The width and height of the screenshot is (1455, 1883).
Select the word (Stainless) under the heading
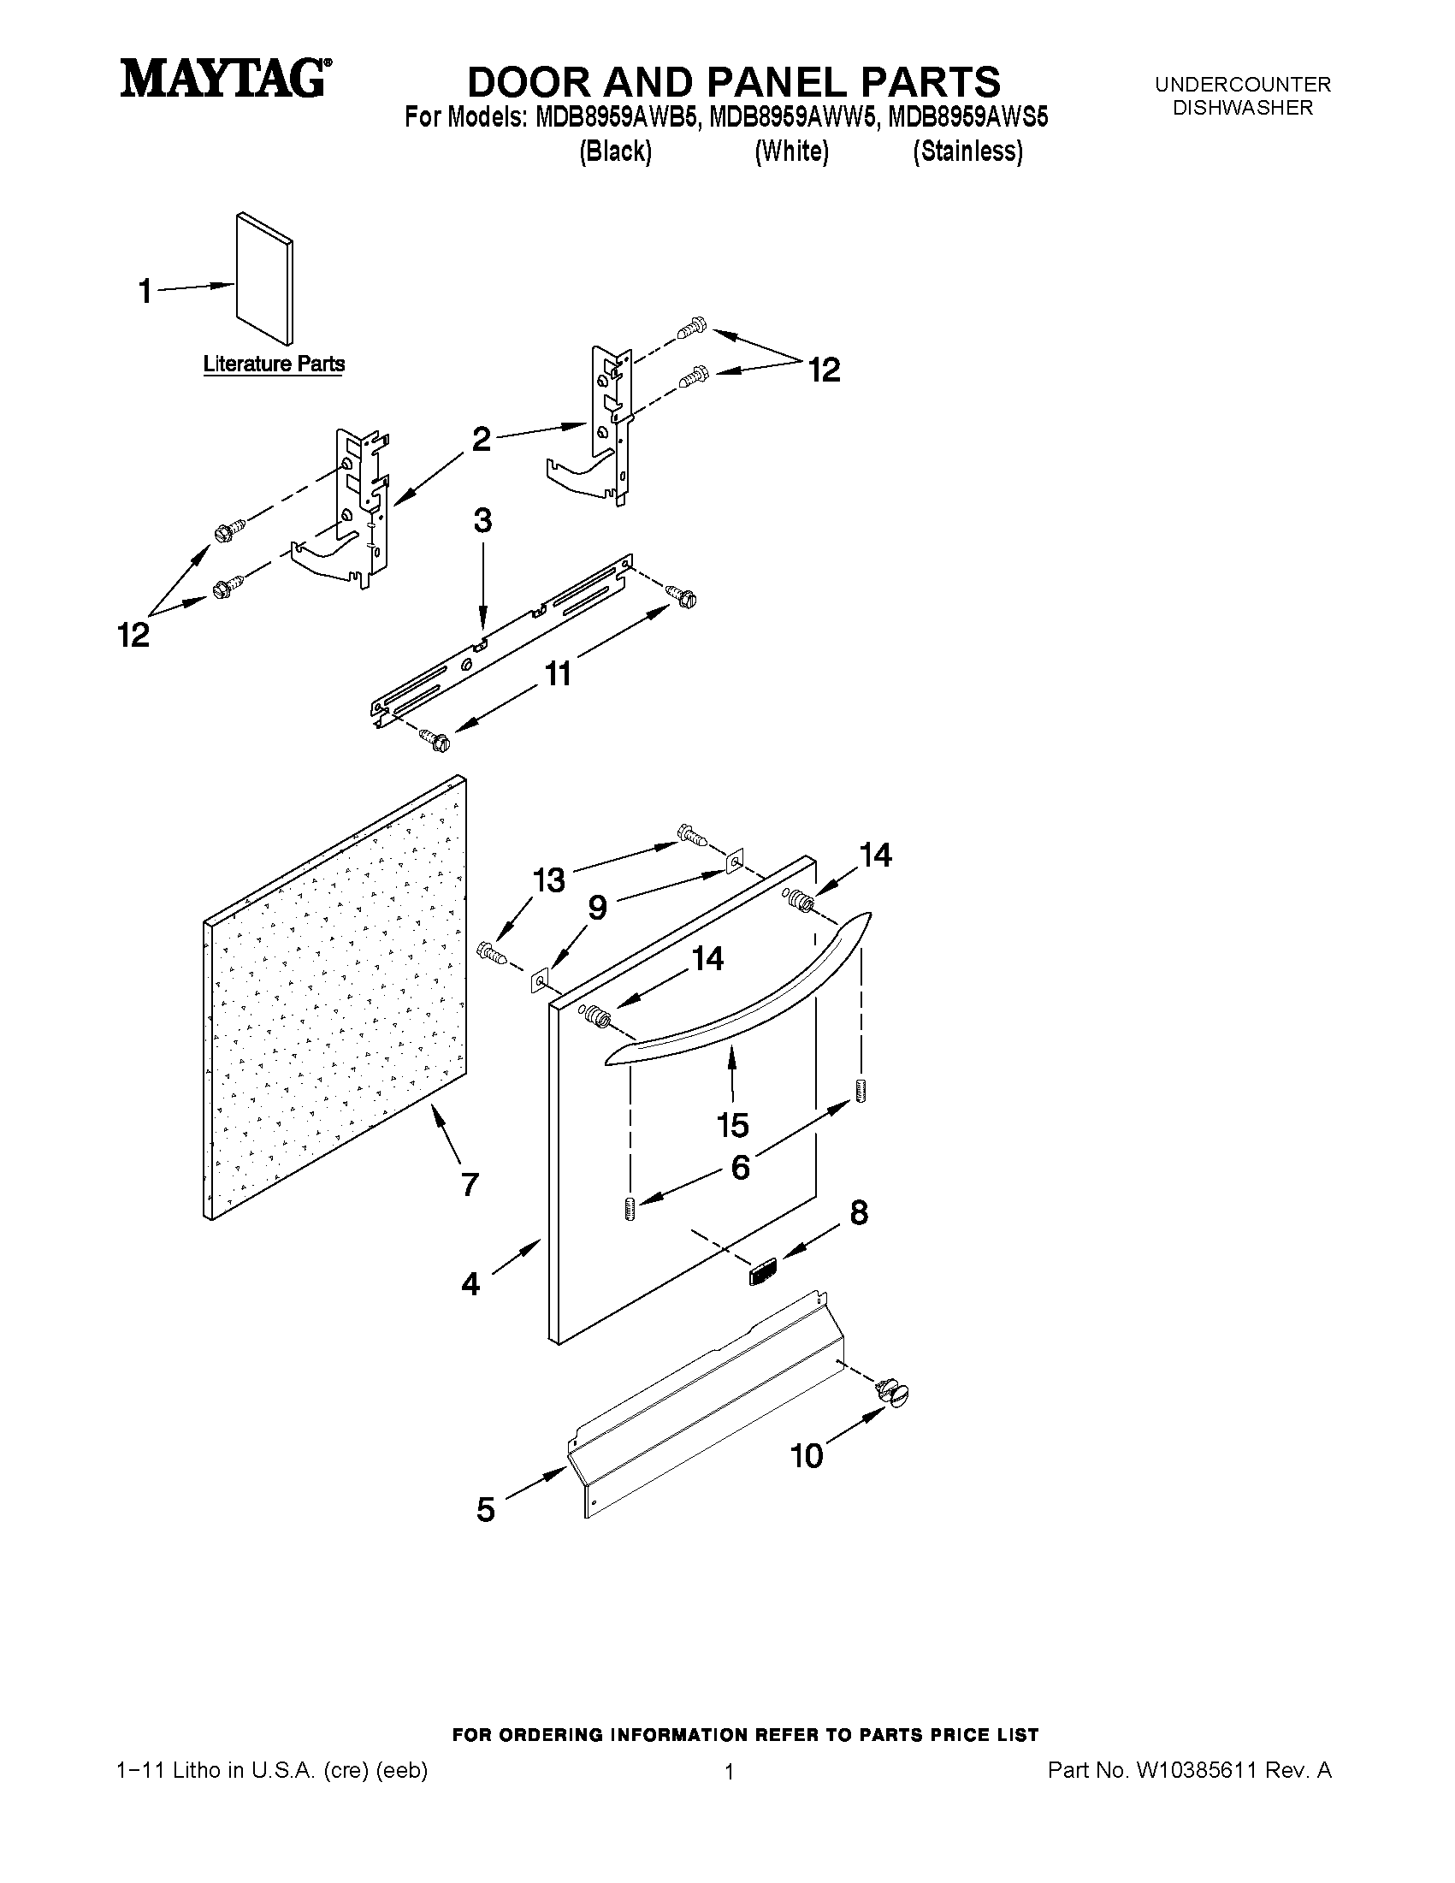click(968, 151)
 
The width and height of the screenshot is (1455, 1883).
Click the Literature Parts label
click(274, 364)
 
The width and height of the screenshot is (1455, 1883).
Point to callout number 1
click(145, 292)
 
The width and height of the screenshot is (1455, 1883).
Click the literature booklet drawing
click(264, 278)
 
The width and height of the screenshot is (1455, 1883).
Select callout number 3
click(482, 521)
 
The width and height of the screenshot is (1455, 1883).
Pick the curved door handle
click(742, 992)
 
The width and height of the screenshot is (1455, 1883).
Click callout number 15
click(733, 1124)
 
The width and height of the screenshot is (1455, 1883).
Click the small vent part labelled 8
click(763, 1270)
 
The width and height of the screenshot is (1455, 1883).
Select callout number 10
click(807, 1455)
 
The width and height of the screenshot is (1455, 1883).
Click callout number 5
click(486, 1509)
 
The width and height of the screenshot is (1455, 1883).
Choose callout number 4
click(470, 1284)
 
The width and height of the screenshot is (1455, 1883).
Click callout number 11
click(559, 673)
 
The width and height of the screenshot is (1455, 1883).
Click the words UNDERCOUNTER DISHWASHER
click(1242, 96)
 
